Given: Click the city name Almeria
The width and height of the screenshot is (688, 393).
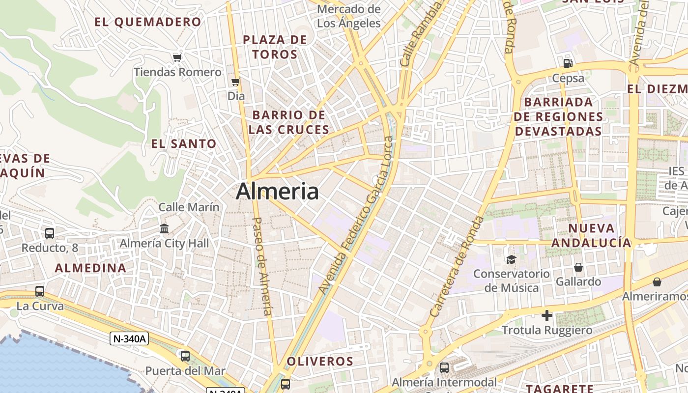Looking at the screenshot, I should [x=277, y=191].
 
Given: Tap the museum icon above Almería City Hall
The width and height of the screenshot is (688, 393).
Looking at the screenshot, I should [x=164, y=229].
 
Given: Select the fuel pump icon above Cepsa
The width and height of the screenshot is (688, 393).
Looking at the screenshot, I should [x=568, y=63].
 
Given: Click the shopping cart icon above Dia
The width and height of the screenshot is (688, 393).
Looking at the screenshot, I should [x=236, y=82].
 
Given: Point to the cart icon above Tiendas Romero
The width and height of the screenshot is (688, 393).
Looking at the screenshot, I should [x=177, y=57].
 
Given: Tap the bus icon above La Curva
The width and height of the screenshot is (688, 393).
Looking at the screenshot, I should [x=40, y=291].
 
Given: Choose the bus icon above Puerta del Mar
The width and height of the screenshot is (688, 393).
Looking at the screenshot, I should [x=185, y=356].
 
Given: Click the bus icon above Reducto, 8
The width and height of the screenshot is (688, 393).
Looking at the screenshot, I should [x=50, y=233].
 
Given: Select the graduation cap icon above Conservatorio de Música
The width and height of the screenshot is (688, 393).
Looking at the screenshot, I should [x=512, y=259].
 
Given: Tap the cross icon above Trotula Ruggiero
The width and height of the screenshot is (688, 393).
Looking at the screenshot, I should [x=547, y=315].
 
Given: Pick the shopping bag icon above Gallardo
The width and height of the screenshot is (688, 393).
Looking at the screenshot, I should [x=578, y=267].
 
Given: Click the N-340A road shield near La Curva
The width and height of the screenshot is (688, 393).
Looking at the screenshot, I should [x=129, y=338].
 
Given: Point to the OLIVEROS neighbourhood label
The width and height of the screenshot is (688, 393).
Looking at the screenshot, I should [x=320, y=362].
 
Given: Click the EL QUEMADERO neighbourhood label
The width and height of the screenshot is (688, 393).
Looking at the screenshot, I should [x=148, y=22].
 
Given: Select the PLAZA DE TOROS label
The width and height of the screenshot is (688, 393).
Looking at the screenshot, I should [x=275, y=47].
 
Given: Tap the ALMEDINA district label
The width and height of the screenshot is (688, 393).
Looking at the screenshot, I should [x=90, y=268].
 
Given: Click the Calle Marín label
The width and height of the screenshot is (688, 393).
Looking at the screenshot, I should [x=189, y=207].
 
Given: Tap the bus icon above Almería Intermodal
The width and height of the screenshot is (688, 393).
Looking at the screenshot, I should [x=444, y=367].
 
